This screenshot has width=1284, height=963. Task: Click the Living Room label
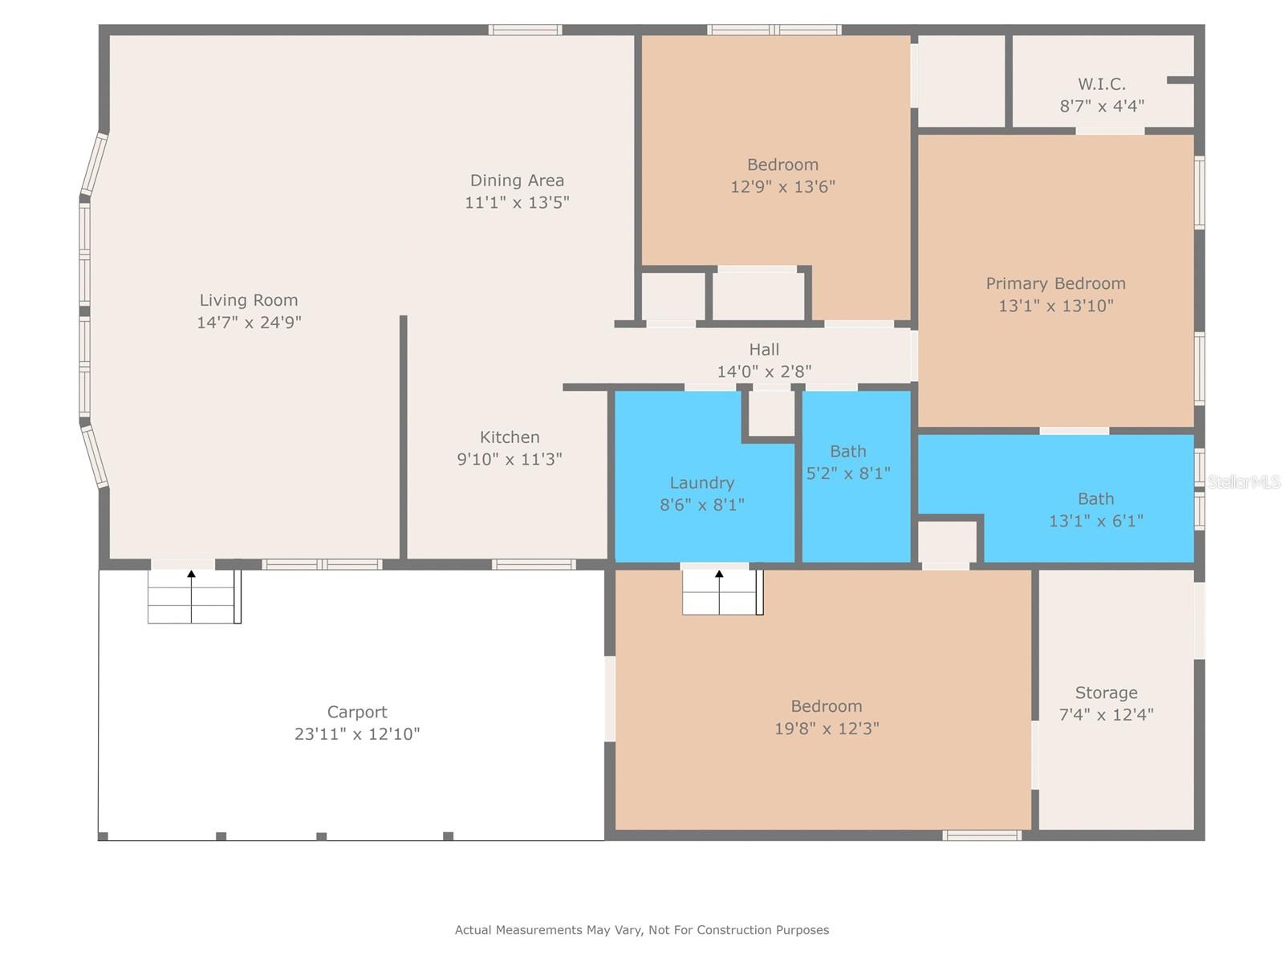click(249, 300)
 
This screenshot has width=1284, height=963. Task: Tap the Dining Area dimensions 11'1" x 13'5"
click(517, 202)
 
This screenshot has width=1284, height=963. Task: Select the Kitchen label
click(510, 437)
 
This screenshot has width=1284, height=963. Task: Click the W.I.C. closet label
click(1101, 84)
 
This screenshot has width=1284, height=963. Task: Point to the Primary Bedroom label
click(1055, 283)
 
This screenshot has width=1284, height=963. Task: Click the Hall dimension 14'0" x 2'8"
click(764, 372)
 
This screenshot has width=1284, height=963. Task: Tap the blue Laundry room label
click(702, 483)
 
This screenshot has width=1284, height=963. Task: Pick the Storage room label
click(1106, 693)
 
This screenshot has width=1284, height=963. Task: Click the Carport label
click(357, 712)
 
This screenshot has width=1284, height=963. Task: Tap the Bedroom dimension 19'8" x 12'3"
click(827, 729)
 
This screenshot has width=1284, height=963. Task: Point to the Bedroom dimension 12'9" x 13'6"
click(782, 187)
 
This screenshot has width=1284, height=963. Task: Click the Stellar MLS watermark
click(1244, 482)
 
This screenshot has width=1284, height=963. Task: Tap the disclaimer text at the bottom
click(642, 930)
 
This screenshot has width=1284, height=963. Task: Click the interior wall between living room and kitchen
click(404, 437)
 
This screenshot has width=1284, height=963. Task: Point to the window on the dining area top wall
click(526, 30)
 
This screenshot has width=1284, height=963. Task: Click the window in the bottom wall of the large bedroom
click(981, 835)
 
